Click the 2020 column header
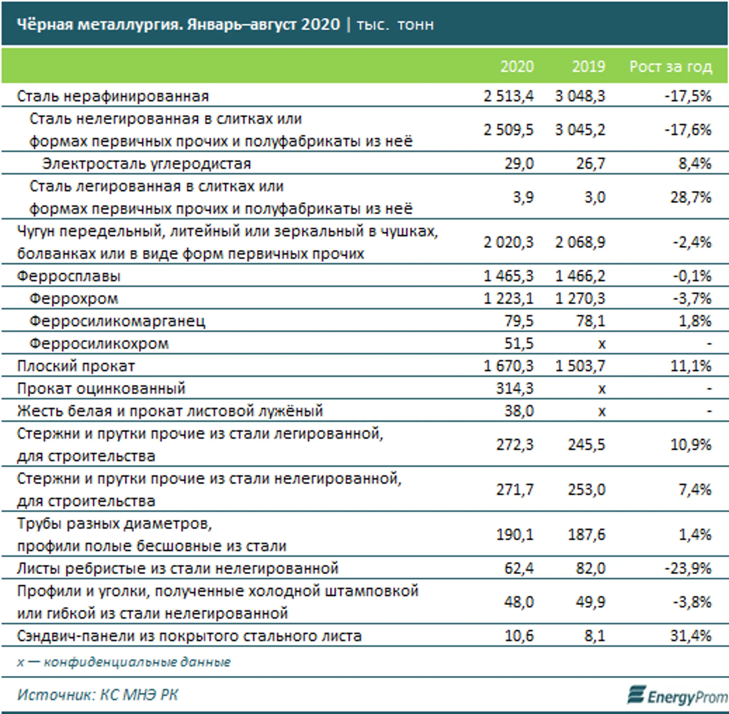pos(517,67)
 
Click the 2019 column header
pos(589,67)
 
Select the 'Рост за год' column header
pos(671,67)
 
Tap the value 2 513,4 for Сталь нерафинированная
pos(508,96)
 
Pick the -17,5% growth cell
pos(688,96)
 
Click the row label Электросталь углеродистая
pos(146,164)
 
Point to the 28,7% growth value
pos(691,197)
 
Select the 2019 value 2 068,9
pos(580,242)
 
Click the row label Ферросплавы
pos(69,276)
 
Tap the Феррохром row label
pos(74,299)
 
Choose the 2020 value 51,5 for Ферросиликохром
pos(519,343)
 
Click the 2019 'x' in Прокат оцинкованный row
pos(601,389)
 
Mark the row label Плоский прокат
pos(76,366)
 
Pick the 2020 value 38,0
pos(519,411)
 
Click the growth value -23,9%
pos(688,568)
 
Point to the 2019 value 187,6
pos(587,534)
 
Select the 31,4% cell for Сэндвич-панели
pos(691,636)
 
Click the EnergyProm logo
pos(678,695)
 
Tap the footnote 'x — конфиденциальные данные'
pos(124,662)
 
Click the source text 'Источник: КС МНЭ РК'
pos(98,695)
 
